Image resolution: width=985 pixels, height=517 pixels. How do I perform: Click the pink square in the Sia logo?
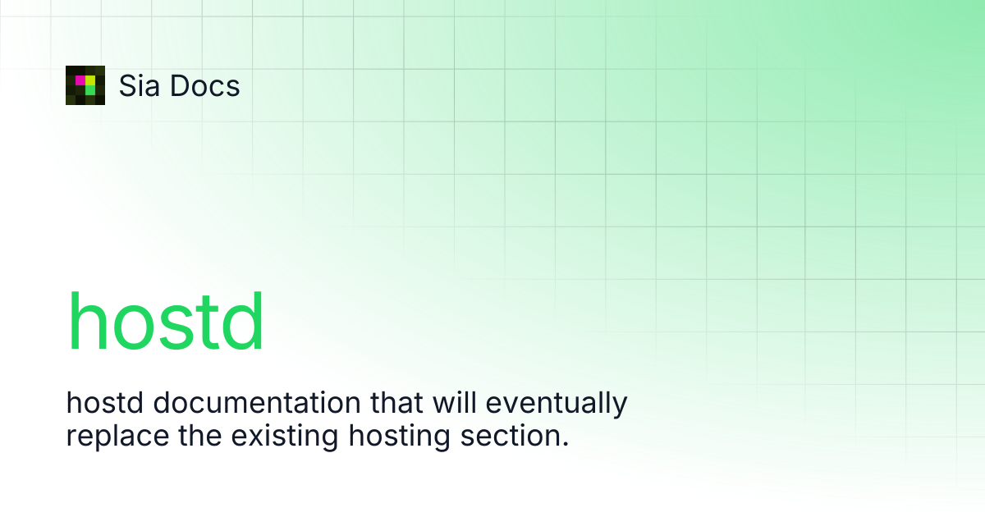tap(80, 80)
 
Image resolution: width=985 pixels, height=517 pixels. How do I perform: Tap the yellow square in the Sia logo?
tap(90, 80)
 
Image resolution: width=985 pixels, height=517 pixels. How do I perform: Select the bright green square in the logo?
tap(90, 90)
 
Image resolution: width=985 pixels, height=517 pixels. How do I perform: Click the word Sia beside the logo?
tap(139, 85)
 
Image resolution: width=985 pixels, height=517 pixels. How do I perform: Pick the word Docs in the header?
tap(205, 85)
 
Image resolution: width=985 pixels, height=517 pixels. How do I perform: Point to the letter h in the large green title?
tap(87, 321)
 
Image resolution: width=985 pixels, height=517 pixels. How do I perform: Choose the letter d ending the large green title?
tap(243, 321)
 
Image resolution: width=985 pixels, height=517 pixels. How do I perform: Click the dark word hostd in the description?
tap(105, 402)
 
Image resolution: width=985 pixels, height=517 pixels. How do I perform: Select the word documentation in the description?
tap(257, 402)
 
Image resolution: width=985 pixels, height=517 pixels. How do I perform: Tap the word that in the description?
tap(396, 402)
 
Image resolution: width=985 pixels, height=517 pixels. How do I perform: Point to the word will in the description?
tap(455, 402)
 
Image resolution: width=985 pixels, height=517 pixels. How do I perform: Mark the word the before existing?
tap(200, 435)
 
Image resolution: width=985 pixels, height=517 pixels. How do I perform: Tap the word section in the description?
tap(510, 435)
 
